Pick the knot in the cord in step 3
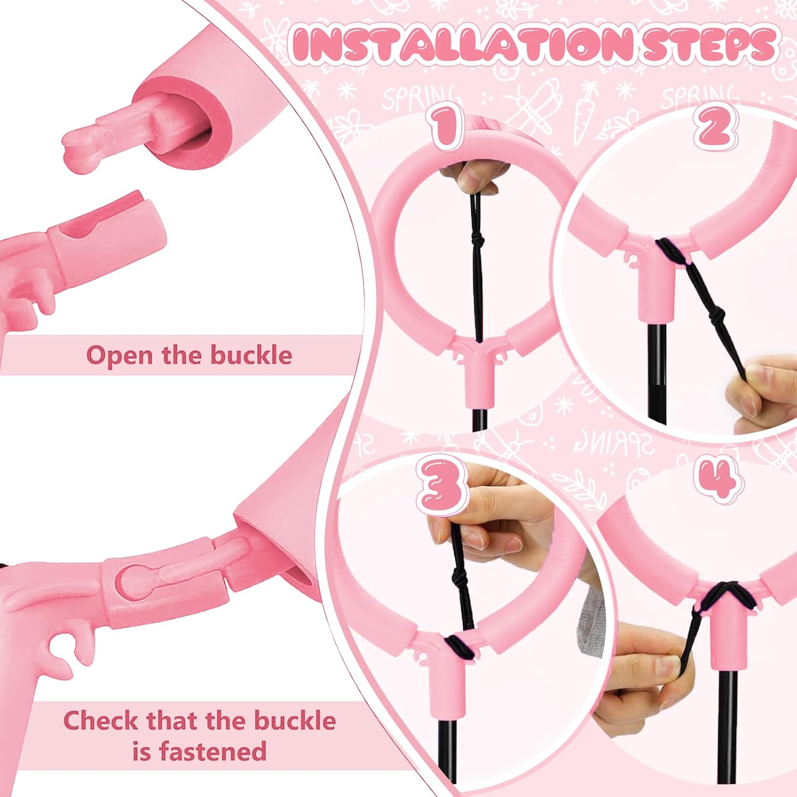pyautogui.click(x=457, y=575)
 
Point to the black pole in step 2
pyautogui.click(x=657, y=372)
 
